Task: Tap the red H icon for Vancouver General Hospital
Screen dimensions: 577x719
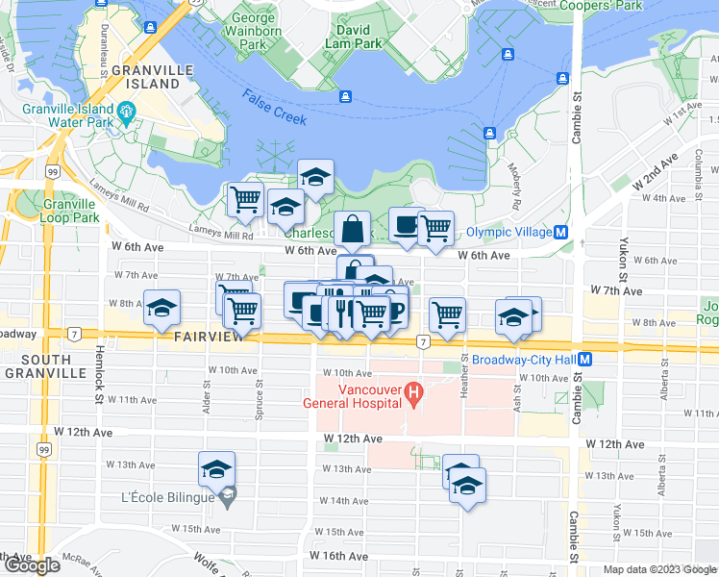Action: click(414, 392)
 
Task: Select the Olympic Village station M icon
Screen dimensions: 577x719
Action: click(560, 232)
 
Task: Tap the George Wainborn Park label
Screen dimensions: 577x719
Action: click(252, 31)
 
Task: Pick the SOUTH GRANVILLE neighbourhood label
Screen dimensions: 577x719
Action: click(32, 365)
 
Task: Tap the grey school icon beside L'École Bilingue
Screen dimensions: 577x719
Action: click(227, 496)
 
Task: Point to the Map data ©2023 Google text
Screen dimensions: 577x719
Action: click(657, 569)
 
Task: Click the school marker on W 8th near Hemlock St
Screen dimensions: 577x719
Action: click(162, 308)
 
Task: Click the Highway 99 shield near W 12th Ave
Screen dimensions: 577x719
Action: click(44, 449)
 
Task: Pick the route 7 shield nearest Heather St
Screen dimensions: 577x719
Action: click(422, 341)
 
